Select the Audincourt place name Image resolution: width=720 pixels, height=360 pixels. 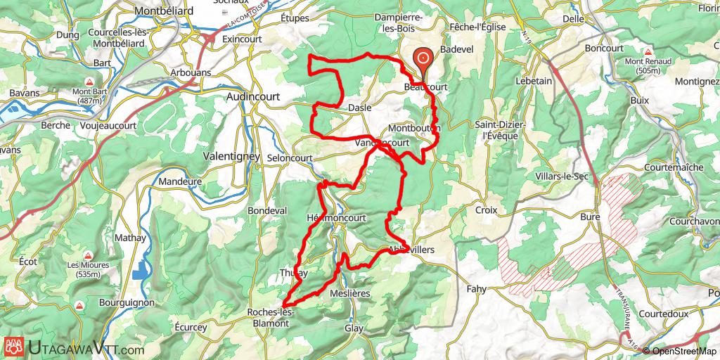point(251,97)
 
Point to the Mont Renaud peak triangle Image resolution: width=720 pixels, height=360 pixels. point(648,52)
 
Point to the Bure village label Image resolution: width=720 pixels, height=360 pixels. point(590,217)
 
